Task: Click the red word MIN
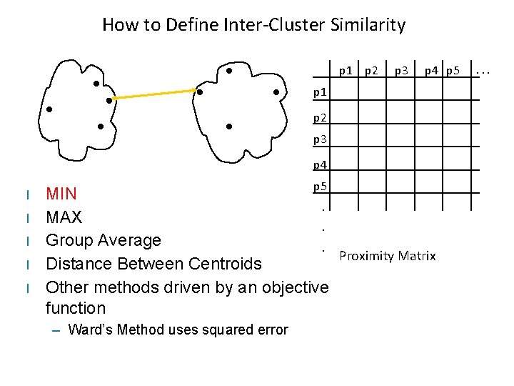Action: pyautogui.click(x=61, y=194)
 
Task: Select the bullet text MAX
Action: pyautogui.click(x=64, y=217)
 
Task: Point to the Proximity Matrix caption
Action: pyautogui.click(x=387, y=256)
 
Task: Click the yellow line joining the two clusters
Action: pyautogui.click(x=154, y=95)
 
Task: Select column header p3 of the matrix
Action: pyautogui.click(x=401, y=70)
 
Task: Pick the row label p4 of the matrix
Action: pyautogui.click(x=321, y=164)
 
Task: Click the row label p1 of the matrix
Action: pyautogui.click(x=321, y=92)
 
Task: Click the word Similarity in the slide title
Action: pyautogui.click(x=368, y=25)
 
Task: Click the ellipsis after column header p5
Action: pyautogui.click(x=484, y=70)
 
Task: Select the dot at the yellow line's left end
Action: pyautogui.click(x=109, y=100)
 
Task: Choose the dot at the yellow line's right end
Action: pyautogui.click(x=201, y=91)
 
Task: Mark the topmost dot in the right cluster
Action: pyautogui.click(x=228, y=71)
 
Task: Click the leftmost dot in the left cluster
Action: pyautogui.click(x=49, y=109)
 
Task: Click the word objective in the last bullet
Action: pyautogui.click(x=292, y=287)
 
